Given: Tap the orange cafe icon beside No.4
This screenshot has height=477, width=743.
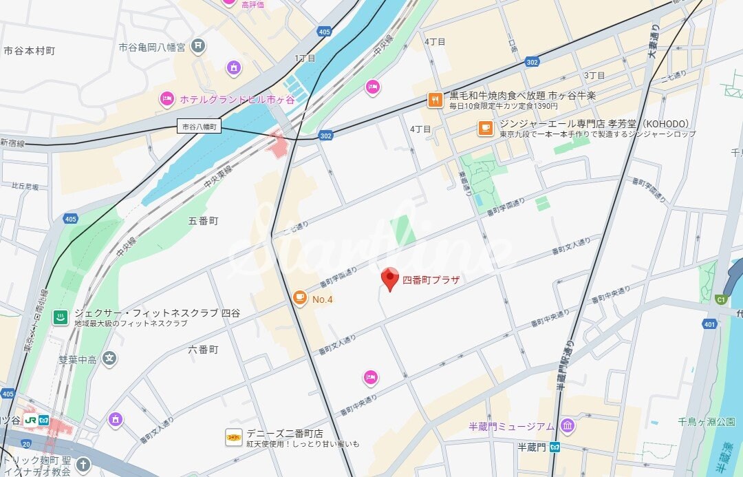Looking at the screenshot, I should tap(299, 297).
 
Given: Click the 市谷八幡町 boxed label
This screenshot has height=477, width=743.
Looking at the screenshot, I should tap(199, 127).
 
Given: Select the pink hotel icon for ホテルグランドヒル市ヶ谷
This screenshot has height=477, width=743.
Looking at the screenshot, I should tap(166, 99).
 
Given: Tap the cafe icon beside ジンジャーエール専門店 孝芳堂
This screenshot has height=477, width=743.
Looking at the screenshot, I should tap(486, 128).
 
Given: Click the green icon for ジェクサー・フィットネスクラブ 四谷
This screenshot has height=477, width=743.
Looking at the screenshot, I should tap(61, 317).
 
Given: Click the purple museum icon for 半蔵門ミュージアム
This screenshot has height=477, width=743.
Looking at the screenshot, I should tap(567, 426).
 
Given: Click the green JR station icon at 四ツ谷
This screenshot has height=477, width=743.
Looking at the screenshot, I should tap(30, 420).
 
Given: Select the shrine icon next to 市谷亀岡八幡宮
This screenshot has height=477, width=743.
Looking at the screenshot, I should tap(198, 46).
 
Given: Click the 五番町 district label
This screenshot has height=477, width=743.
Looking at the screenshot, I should tap(203, 221).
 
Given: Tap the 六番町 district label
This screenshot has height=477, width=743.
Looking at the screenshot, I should tap(203, 350).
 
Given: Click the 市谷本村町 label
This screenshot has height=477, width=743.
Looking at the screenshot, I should tap(29, 51).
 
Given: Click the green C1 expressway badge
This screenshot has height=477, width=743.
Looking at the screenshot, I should tap(721, 299).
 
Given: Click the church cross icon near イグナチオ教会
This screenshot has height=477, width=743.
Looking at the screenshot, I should tap(83, 465).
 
